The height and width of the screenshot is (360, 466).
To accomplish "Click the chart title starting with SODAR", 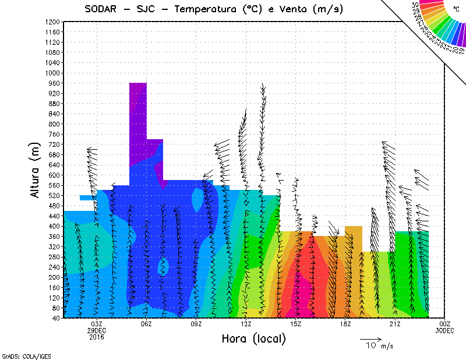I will click(213, 9).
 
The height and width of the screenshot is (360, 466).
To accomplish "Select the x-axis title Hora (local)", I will click(253, 338).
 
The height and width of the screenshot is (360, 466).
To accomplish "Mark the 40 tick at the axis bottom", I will click(55, 318).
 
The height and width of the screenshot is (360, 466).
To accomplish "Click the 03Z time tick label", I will click(97, 324).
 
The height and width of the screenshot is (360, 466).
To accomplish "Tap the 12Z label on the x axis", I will click(246, 324).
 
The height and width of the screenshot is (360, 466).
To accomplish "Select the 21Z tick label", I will click(395, 324).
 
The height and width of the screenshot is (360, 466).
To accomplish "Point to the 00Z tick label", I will click(444, 324).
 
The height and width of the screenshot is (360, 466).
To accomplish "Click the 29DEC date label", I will click(97, 330).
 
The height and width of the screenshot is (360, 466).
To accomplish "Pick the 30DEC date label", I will click(444, 330).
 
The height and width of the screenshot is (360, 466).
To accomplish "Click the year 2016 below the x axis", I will click(97, 336).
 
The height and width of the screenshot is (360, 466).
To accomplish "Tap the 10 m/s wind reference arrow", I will click(370, 338).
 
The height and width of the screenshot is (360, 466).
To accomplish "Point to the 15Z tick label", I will click(295, 324).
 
